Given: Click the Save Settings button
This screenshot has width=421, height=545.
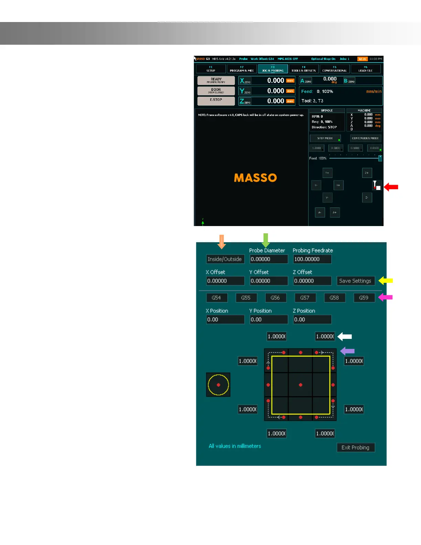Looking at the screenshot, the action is pyautogui.click(x=355, y=281).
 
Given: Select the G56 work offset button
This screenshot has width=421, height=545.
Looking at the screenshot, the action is pyautogui.click(x=275, y=298).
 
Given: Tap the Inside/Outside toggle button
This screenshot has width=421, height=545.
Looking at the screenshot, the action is pyautogui.click(x=225, y=259).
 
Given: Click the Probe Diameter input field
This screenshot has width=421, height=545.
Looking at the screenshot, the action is pyautogui.click(x=268, y=259).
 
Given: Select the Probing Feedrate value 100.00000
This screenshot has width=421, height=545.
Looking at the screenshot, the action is pyautogui.click(x=312, y=259).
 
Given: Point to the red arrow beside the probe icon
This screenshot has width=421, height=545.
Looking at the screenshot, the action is pyautogui.click(x=391, y=187).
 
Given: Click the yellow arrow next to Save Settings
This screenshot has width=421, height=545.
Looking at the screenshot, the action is pyautogui.click(x=386, y=281).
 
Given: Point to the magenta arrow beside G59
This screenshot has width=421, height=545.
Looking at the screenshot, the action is pyautogui.click(x=385, y=297).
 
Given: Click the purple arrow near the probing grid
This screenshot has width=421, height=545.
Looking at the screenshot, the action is pyautogui.click(x=347, y=351).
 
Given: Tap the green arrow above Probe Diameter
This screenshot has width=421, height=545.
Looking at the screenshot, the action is pyautogui.click(x=266, y=240).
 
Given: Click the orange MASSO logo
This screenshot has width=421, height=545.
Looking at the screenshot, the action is pyautogui.click(x=255, y=178).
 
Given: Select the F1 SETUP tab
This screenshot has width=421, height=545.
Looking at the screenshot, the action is pyautogui.click(x=211, y=69).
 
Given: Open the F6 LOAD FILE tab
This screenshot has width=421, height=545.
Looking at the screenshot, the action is pyautogui.click(x=365, y=69).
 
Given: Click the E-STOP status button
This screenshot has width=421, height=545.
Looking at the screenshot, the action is pyautogui.click(x=216, y=101).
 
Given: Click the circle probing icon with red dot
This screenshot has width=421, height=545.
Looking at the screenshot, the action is pyautogui.click(x=218, y=385).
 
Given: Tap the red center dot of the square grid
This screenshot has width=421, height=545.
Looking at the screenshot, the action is pyautogui.click(x=301, y=385).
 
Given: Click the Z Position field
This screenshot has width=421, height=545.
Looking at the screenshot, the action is pyautogui.click(x=312, y=319).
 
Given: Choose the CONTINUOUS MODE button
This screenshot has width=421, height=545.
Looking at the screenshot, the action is pyautogui.click(x=365, y=138).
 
